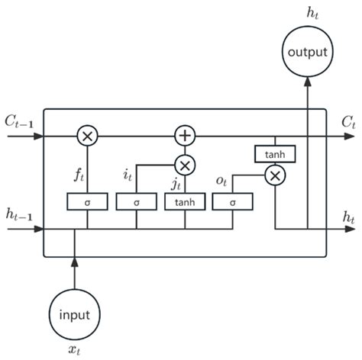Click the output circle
307,52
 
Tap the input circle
74,312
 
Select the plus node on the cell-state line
185,136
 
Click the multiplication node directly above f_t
87,136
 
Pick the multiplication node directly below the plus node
185,165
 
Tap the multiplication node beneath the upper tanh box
275,175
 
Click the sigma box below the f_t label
87,202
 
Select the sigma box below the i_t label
136,202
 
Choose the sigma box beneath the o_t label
233,202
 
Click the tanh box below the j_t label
185,202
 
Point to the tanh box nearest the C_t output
275,154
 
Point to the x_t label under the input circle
74,349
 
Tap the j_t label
176,183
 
